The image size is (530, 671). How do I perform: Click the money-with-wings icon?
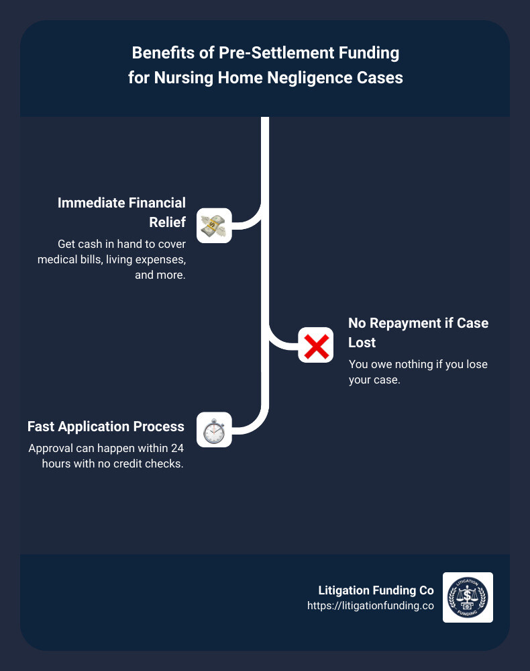click(x=214, y=225)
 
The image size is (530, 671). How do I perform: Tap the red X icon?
click(x=315, y=345)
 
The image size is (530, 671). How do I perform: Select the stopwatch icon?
click(x=214, y=430)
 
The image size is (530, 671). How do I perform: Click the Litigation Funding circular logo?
click(x=468, y=597)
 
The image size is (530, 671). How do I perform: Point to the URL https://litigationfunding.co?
click(x=370, y=605)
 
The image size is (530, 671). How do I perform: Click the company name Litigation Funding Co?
click(x=376, y=590)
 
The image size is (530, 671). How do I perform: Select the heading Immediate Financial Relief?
click(x=121, y=212)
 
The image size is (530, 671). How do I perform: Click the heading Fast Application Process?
click(x=106, y=427)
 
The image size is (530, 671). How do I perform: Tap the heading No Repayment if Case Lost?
click(x=418, y=332)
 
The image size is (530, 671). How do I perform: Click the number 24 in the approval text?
click(x=177, y=449)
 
